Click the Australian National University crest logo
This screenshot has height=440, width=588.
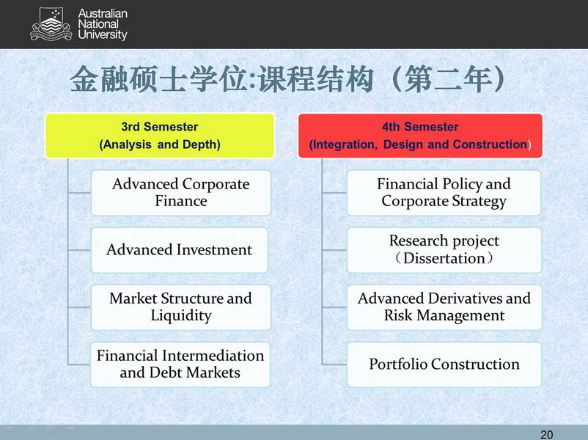pyautogui.click(x=51, y=24)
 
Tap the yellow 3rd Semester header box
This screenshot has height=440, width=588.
pyautogui.click(x=160, y=136)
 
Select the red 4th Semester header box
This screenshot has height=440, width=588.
pyautogui.click(x=420, y=136)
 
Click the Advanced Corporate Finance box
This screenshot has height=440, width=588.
pyautogui.click(x=181, y=193)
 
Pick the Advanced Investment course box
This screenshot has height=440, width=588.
pyautogui.click(x=179, y=250)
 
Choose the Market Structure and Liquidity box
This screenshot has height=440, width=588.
pyautogui.click(x=181, y=307)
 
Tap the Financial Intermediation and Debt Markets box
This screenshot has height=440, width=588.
pyautogui.click(x=180, y=364)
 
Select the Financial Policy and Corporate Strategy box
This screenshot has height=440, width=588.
pyautogui.click(x=444, y=193)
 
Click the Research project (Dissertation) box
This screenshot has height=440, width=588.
pyautogui.click(x=444, y=250)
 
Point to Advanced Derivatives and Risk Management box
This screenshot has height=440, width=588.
pyautogui.click(x=444, y=307)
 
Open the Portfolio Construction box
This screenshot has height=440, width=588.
pyautogui.click(x=444, y=364)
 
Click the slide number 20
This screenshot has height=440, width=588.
pyautogui.click(x=546, y=434)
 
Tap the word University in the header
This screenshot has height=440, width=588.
pyautogui.click(x=103, y=35)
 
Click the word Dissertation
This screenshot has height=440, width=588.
pyautogui.click(x=444, y=258)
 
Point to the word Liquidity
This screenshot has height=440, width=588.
pyautogui.click(x=181, y=315)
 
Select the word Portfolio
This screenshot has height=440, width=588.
pyautogui.click(x=398, y=364)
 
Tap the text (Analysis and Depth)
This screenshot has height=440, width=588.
pyautogui.click(x=160, y=144)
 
